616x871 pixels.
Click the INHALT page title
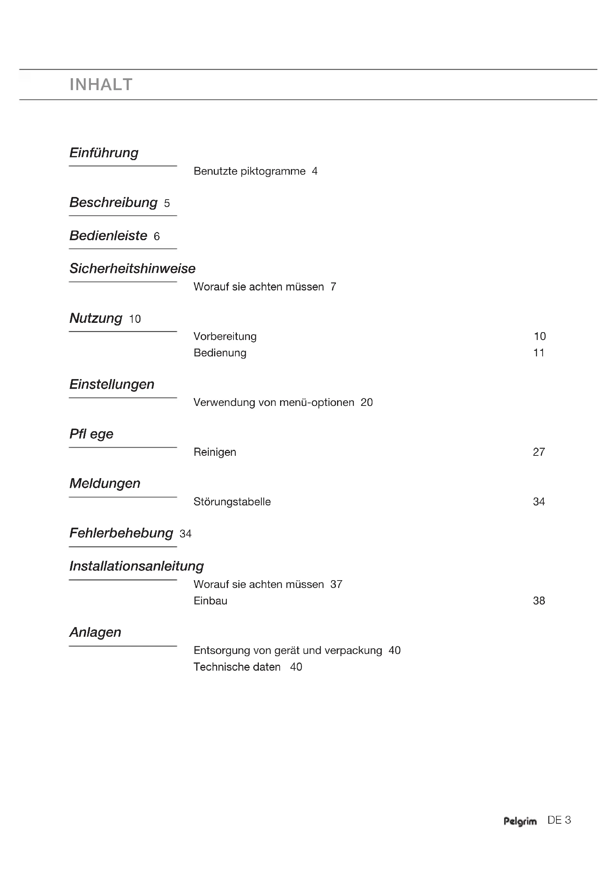pyautogui.click(x=101, y=85)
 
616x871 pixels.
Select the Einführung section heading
pyautogui.click(x=104, y=153)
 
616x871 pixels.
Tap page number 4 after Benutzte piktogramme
pyautogui.click(x=314, y=171)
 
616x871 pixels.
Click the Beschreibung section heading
pyautogui.click(x=113, y=203)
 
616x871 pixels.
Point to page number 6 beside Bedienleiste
pyautogui.click(x=157, y=237)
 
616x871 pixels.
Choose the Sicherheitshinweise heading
pyautogui.click(x=132, y=268)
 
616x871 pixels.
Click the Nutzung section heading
pyautogui.click(x=96, y=318)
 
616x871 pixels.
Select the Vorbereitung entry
pyautogui.click(x=225, y=337)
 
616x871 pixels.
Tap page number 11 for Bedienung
pyautogui.click(x=539, y=353)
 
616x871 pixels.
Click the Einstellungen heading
pyautogui.click(x=111, y=384)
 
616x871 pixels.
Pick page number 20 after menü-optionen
pyautogui.click(x=366, y=403)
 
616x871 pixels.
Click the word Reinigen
pyautogui.click(x=215, y=452)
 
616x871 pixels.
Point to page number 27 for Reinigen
pyautogui.click(x=539, y=452)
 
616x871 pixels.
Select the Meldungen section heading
pyautogui.click(x=105, y=484)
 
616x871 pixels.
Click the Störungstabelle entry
pyautogui.click(x=232, y=502)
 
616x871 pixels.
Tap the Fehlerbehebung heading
pyautogui.click(x=121, y=533)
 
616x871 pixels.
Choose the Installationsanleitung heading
pyautogui.click(x=136, y=566)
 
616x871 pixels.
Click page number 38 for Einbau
pyautogui.click(x=539, y=601)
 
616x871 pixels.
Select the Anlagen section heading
pyautogui.click(x=95, y=632)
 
